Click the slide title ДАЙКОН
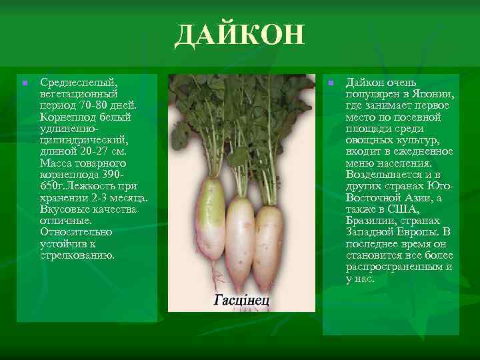[x=239, y=35]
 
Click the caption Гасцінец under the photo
[x=241, y=300]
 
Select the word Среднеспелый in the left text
[x=78, y=83]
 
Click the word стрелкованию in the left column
[x=77, y=255]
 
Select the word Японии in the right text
[x=433, y=94]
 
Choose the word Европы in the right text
[x=415, y=232]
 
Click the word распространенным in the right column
[x=393, y=267]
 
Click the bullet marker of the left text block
[x=24, y=83]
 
